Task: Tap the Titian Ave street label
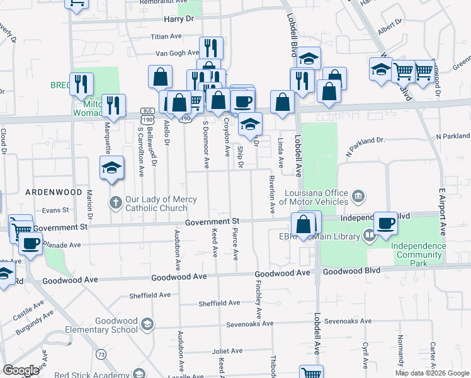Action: pos(166,37)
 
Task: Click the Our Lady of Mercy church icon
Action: pos(115,203)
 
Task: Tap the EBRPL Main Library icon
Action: pos(368,236)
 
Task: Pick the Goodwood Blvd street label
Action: pos(347,272)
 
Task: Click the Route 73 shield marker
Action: pos(101,355)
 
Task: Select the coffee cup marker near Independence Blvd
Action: pos(385,222)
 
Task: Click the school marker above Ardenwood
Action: pos(111,168)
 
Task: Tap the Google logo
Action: pos(21,370)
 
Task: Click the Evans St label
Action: pos(55,210)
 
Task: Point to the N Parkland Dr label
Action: pos(452,136)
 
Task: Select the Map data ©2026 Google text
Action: pos(431,373)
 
